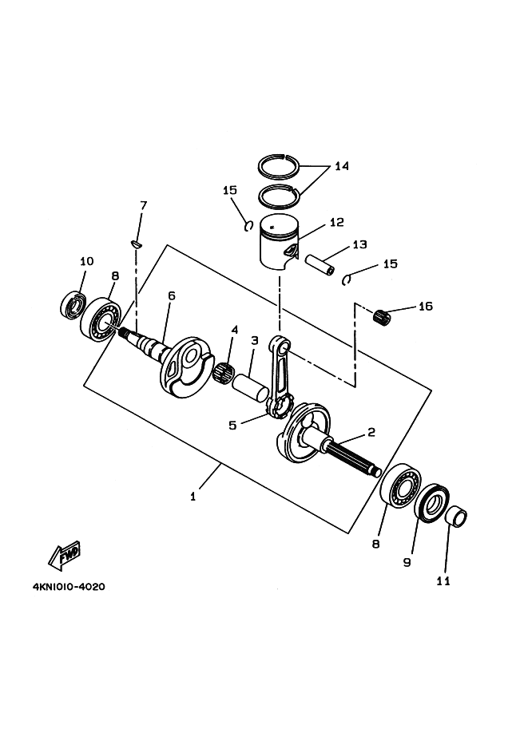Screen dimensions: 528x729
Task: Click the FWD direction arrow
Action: [x=65, y=555]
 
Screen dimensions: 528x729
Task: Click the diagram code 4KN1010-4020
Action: [x=69, y=587]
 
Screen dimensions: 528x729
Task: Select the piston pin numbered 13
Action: [x=320, y=264]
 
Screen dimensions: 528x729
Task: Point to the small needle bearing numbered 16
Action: [x=383, y=315]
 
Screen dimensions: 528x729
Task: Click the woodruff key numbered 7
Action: [x=137, y=244]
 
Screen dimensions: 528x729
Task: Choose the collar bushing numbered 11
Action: [x=456, y=517]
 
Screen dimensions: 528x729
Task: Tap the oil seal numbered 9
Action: [x=431, y=502]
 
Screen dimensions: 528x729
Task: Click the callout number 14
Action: [x=341, y=166]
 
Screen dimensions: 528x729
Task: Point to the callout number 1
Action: [x=193, y=497]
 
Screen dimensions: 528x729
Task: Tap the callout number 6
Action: [x=172, y=295]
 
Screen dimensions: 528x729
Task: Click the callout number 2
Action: [x=371, y=433]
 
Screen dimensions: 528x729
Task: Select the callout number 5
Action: [x=232, y=425]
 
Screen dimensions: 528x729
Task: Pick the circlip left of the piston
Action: [x=249, y=226]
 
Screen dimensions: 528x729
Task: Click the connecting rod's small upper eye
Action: [x=280, y=346]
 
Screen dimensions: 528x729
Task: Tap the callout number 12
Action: [x=337, y=222]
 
